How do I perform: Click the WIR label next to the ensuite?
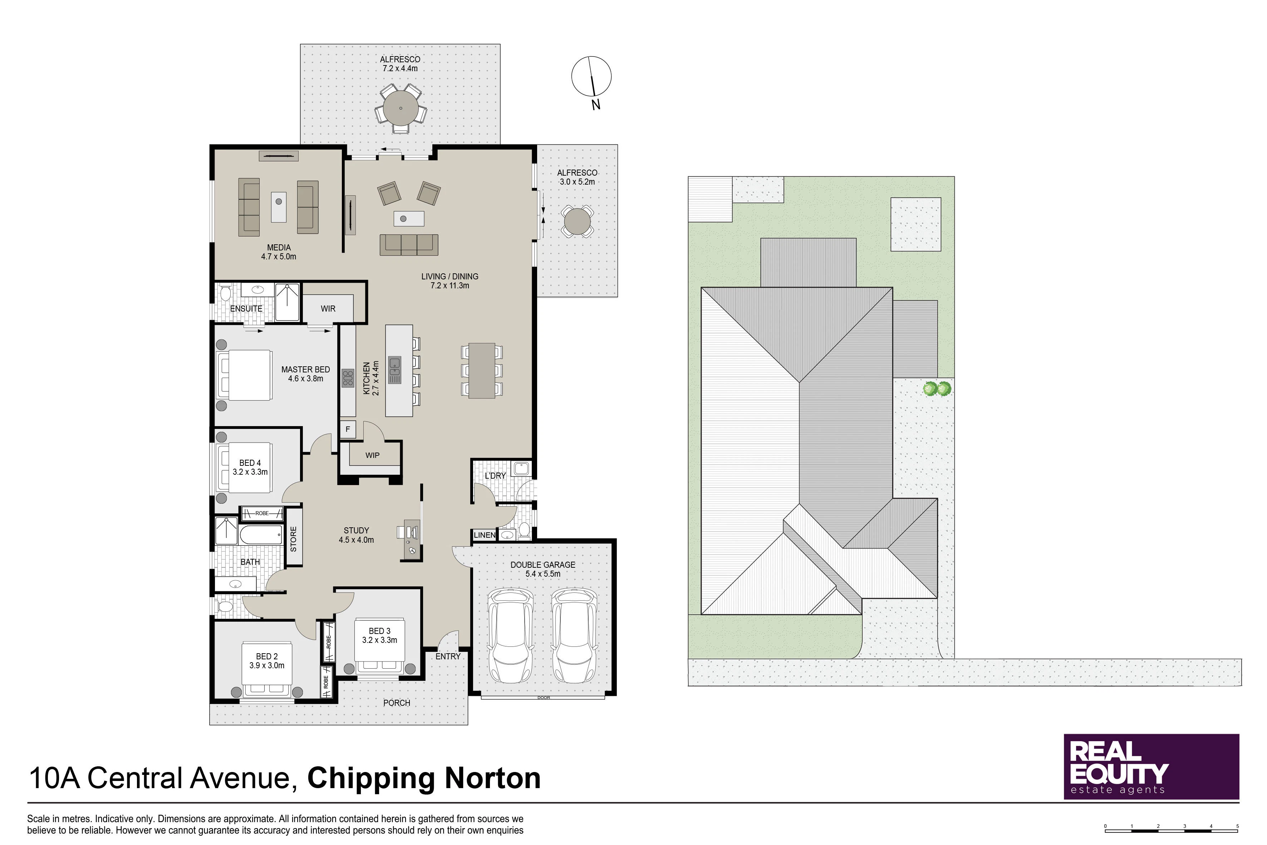pyautogui.click(x=328, y=309)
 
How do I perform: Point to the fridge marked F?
pyautogui.click(x=348, y=430)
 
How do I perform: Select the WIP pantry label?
pyautogui.click(x=372, y=455)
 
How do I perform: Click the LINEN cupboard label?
pyautogui.click(x=484, y=535)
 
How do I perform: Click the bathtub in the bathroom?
pyautogui.click(x=261, y=535)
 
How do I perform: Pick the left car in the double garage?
pyautogui.click(x=510, y=636)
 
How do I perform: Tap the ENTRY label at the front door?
pyautogui.click(x=448, y=656)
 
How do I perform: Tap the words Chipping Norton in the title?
pyautogui.click(x=424, y=779)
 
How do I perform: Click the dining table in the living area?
pyautogui.click(x=482, y=371)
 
